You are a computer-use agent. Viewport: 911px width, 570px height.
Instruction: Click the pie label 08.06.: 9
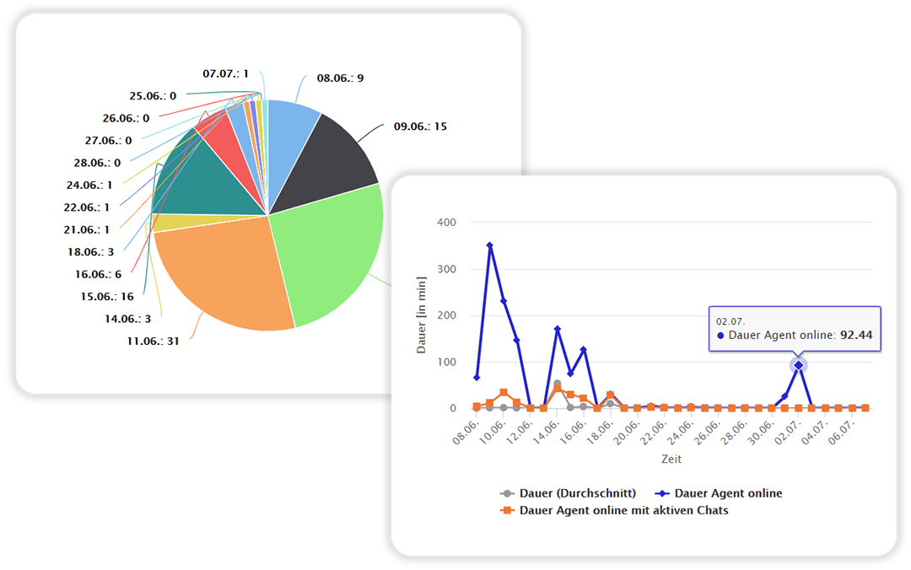340,78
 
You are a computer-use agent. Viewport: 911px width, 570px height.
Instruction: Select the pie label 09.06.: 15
420,126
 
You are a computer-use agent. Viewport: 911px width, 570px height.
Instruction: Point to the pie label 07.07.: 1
225,73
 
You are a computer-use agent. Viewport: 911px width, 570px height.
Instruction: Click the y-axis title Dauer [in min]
422,315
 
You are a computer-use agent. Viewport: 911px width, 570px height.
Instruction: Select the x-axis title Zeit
671,460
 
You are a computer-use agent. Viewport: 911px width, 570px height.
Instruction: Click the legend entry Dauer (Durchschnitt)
568,493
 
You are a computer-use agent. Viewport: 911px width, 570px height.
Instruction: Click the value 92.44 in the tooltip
856,335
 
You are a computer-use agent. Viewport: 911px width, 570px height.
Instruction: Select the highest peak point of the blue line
489,245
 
